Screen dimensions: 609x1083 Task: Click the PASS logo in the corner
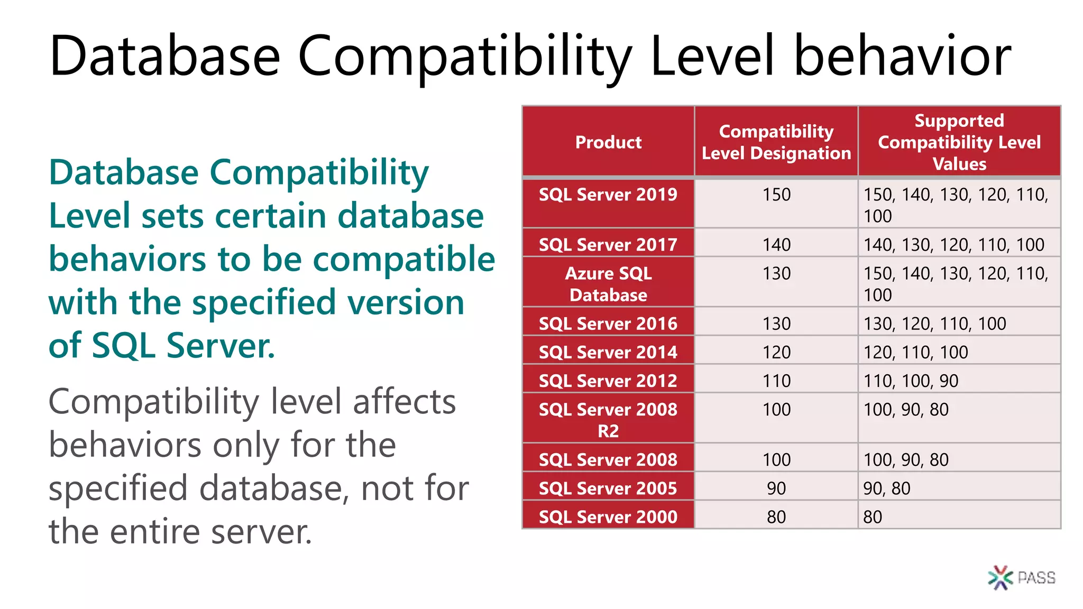[x=1021, y=577]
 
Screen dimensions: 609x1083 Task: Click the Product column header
[x=608, y=142]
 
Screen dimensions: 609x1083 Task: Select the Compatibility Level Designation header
[x=776, y=142]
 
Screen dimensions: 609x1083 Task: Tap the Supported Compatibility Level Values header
[x=959, y=142]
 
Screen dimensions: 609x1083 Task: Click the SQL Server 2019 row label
[x=608, y=195]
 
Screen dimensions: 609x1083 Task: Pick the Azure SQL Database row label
[x=608, y=284]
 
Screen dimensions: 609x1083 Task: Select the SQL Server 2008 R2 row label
[x=608, y=420]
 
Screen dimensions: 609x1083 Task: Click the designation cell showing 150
[x=776, y=195]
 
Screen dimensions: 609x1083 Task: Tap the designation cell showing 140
[x=776, y=245]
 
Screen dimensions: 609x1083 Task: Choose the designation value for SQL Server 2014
[x=776, y=352]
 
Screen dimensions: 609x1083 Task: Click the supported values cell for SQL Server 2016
[x=934, y=324]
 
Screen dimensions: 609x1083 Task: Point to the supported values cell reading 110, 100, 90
[x=911, y=381]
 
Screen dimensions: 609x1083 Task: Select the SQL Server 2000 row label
[x=608, y=516]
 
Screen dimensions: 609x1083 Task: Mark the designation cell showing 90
[x=776, y=488]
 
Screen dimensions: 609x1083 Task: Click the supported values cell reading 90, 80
[x=887, y=488]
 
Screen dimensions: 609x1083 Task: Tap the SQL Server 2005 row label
[x=608, y=488]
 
